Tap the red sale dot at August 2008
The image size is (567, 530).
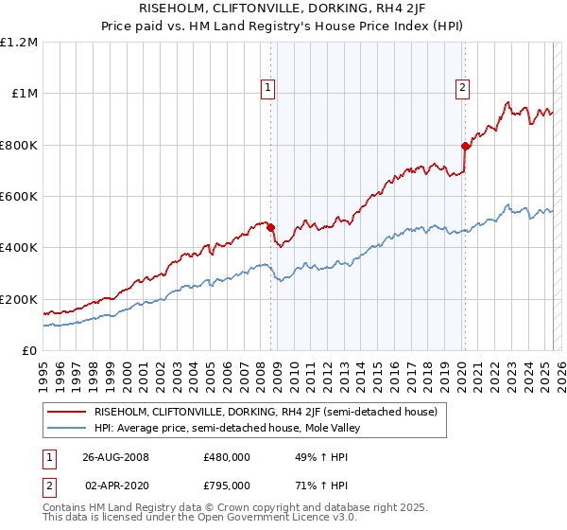tap(271, 227)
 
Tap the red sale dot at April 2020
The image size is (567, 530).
tap(464, 146)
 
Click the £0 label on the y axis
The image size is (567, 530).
tap(30, 350)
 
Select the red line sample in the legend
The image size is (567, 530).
tap(66, 412)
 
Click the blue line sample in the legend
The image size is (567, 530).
tap(66, 429)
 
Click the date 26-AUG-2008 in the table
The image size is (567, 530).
tap(116, 456)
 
